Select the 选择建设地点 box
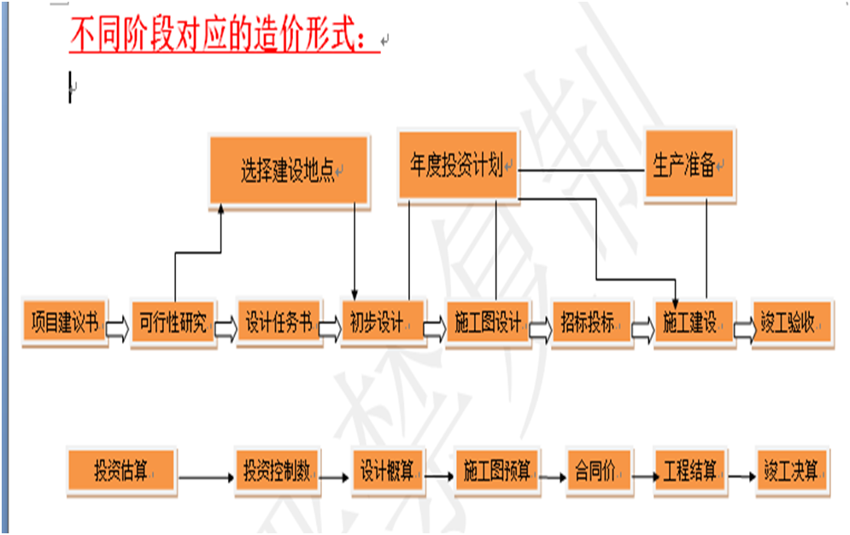(290, 171)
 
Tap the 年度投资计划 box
(458, 166)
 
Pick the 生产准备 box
(689, 165)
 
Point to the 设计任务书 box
(278, 324)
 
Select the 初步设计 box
(382, 324)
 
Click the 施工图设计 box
(488, 324)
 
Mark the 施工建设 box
(695, 324)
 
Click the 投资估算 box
(121, 472)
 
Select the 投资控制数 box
(277, 471)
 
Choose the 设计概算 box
(388, 471)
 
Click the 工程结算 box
(690, 470)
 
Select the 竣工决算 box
(792, 470)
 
